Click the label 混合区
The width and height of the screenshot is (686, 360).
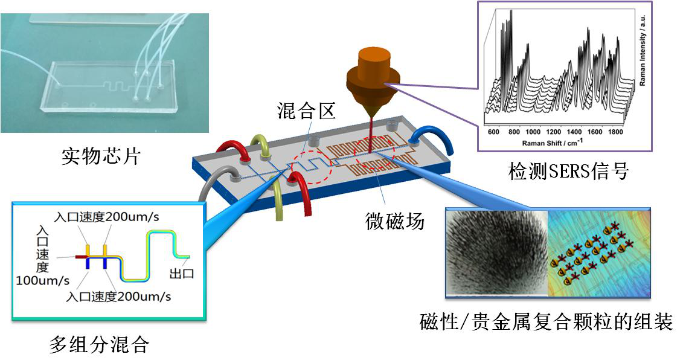pos(306,111)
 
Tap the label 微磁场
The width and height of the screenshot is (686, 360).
pos(395,221)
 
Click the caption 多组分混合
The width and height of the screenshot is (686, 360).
pos(99,344)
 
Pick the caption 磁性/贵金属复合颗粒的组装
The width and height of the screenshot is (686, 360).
pos(546,322)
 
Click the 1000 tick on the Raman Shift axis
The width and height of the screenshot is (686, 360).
pos(533,132)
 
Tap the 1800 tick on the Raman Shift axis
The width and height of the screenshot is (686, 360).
pos(615,132)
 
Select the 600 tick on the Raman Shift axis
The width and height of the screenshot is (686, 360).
pos(493,132)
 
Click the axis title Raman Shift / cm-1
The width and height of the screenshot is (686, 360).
pos(553,143)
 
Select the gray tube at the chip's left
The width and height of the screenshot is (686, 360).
pos(209,186)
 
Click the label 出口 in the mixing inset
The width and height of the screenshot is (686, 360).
pos(182,274)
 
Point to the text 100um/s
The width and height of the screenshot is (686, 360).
pos(42,280)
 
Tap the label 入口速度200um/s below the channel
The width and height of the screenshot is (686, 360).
pos(118,297)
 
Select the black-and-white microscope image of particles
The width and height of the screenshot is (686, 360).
pos(496,253)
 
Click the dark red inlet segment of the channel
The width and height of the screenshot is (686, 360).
pos(80,257)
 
